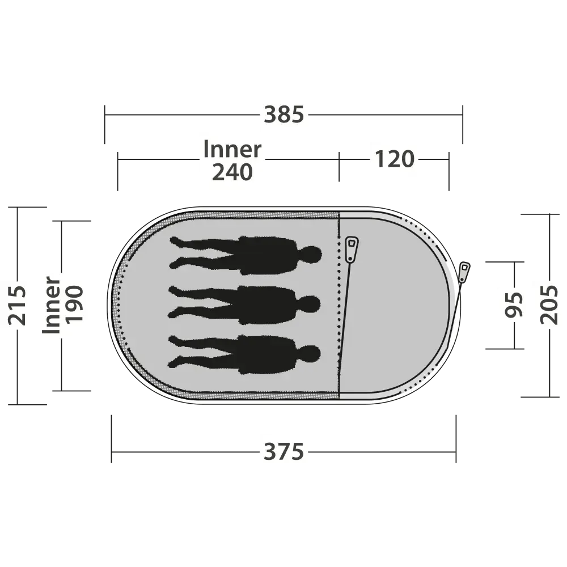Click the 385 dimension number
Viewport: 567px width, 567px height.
284,115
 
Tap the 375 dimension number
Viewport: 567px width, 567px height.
284,452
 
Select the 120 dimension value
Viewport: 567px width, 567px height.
394,159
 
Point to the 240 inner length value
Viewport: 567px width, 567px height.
232,172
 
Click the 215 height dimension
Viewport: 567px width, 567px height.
18,306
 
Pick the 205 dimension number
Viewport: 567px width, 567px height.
549,305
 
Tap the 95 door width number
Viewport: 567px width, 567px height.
514,304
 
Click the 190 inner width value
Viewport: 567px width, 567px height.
74,304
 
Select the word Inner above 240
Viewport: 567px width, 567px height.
232,149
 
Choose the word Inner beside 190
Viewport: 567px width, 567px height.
52,305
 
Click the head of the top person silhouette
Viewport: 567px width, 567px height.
310,255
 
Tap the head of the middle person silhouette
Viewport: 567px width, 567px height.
309,304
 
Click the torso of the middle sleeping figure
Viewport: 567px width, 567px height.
268,305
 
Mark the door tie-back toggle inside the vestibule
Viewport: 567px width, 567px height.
351,249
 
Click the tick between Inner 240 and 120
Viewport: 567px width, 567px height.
339,166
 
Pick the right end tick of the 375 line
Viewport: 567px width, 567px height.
456,439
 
